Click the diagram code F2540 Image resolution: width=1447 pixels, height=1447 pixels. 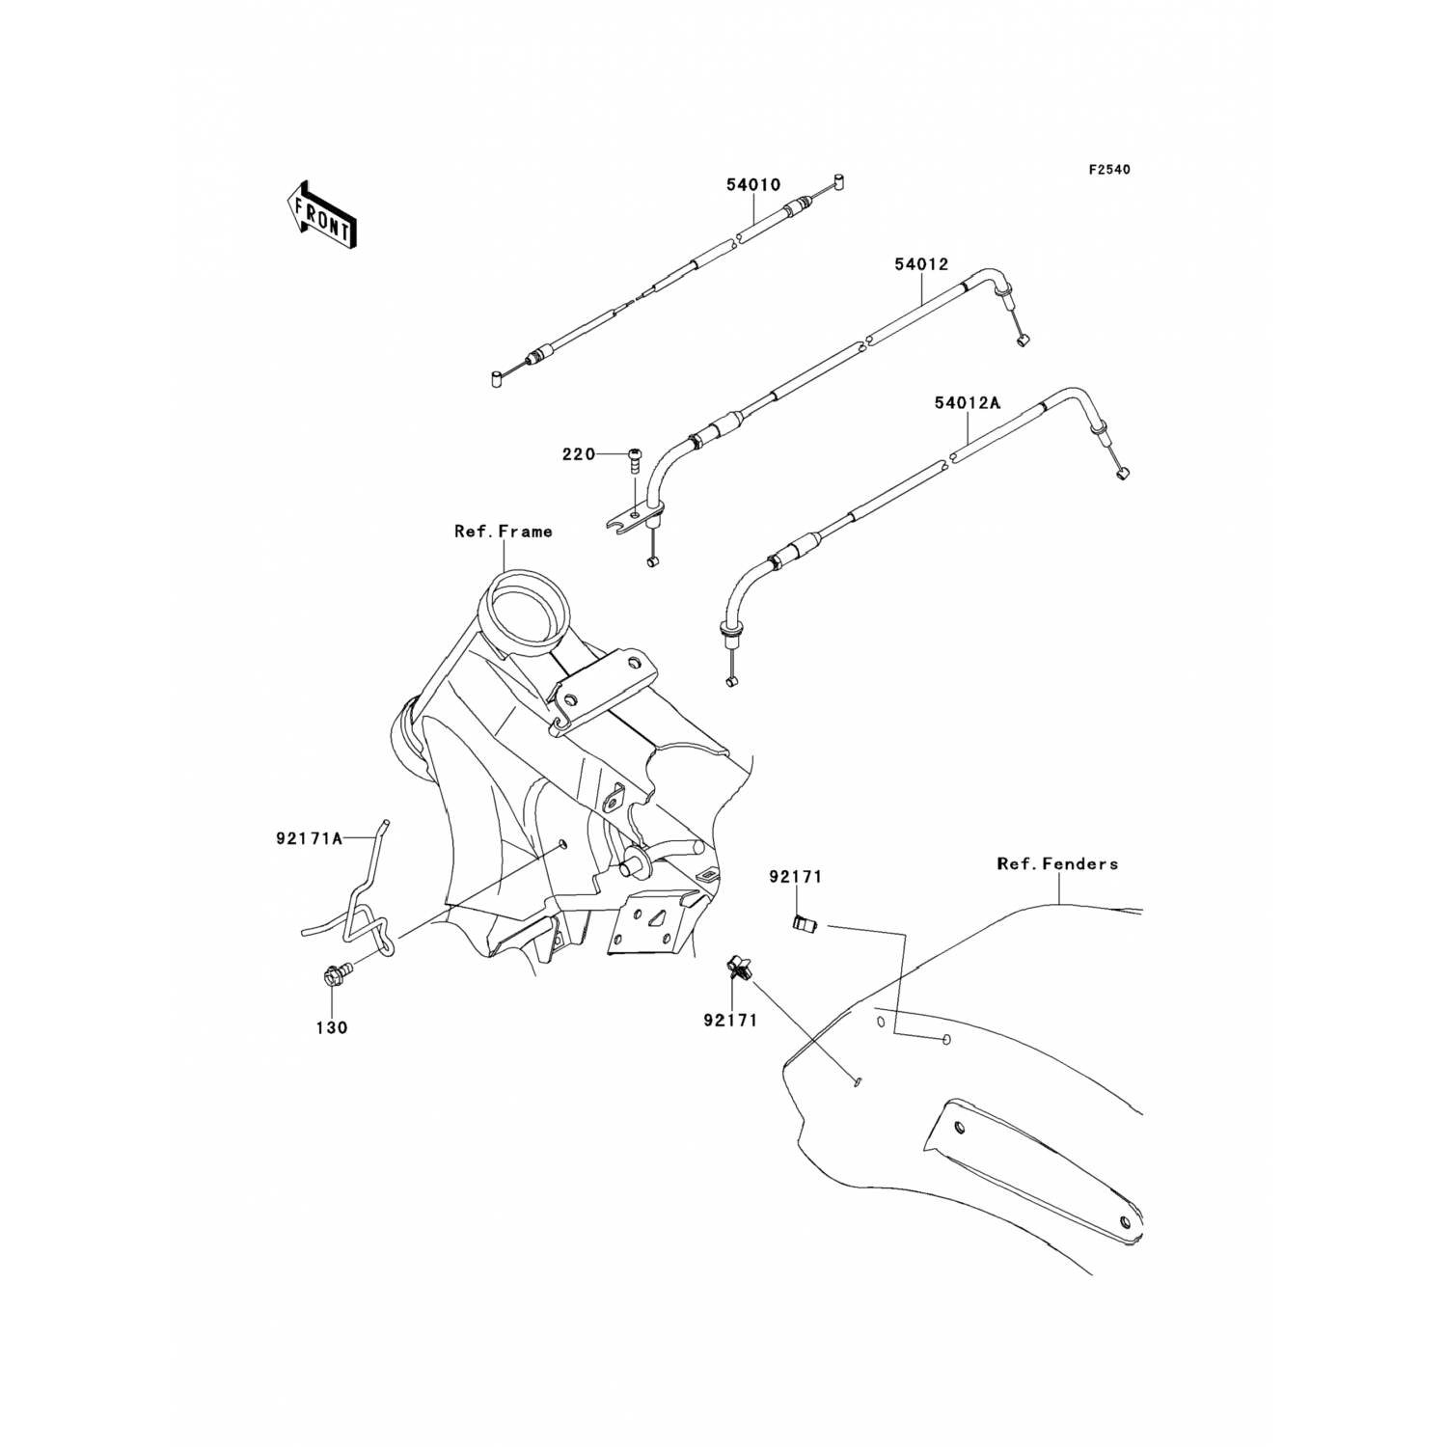[x=1109, y=170]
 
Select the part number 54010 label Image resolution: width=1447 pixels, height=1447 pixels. [x=753, y=184]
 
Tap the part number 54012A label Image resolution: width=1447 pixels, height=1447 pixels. [x=968, y=403]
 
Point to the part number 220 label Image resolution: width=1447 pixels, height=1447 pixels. [x=579, y=454]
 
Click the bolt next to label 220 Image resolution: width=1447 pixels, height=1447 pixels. [x=635, y=458]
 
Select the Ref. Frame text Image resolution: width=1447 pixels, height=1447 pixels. [x=504, y=531]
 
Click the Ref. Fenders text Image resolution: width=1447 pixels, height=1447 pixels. [x=1057, y=864]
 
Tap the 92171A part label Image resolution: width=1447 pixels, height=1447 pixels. [x=310, y=839]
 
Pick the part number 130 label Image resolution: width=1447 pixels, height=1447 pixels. [x=331, y=1028]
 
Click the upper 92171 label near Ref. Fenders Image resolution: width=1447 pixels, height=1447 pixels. [x=795, y=877]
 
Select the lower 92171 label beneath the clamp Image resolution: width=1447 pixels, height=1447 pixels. [x=730, y=1018]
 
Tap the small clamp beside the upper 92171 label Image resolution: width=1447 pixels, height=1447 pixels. [x=804, y=925]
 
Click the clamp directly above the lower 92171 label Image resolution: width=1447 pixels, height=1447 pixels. [x=738, y=966]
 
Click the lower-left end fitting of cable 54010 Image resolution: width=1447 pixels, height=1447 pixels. [x=496, y=379]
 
